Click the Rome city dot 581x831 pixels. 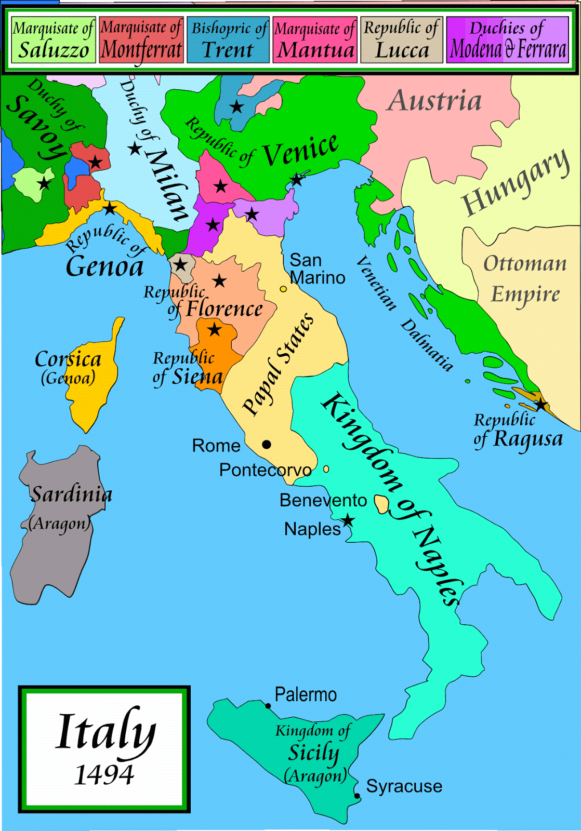click(x=267, y=444)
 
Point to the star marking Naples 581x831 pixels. click(x=347, y=520)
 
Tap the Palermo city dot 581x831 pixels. click(x=268, y=706)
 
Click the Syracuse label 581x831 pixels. click(x=404, y=786)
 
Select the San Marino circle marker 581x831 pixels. click(x=283, y=289)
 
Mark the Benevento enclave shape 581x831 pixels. click(x=382, y=504)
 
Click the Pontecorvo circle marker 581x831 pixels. click(x=326, y=469)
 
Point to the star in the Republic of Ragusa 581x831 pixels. click(x=541, y=404)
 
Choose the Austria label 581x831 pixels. click(x=434, y=101)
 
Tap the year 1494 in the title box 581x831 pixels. click(x=104, y=775)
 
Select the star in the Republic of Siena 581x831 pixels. click(x=215, y=329)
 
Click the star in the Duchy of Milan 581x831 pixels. click(x=135, y=149)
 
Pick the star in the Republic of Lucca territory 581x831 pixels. click(x=180, y=264)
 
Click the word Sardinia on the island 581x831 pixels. click(x=71, y=494)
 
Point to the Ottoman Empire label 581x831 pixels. click(x=525, y=279)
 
